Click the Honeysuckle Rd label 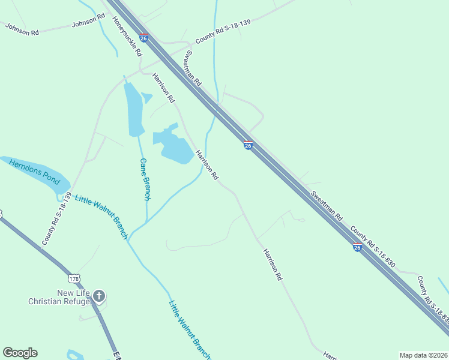tap(127, 36)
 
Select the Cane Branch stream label tap(145, 179)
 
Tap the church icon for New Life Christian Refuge tap(99, 295)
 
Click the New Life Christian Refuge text tap(59, 297)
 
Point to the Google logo tap(20, 353)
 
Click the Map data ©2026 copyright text tap(424, 355)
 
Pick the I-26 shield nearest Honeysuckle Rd tap(143, 38)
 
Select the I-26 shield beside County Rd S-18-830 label tap(357, 247)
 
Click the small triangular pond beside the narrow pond tap(146, 97)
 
